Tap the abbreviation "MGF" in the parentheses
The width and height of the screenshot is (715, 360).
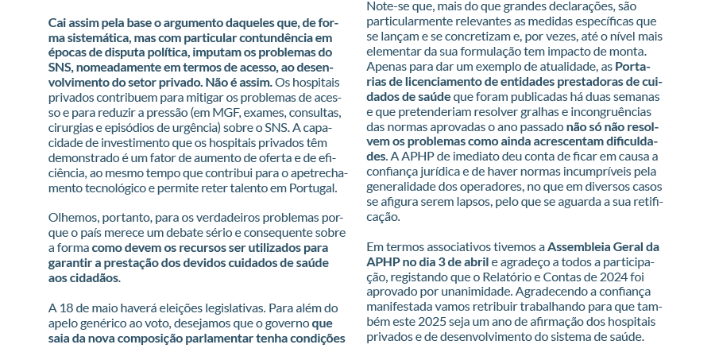(199, 112)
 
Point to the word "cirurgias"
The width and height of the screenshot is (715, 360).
(71, 127)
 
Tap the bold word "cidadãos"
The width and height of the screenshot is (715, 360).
(92, 278)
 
